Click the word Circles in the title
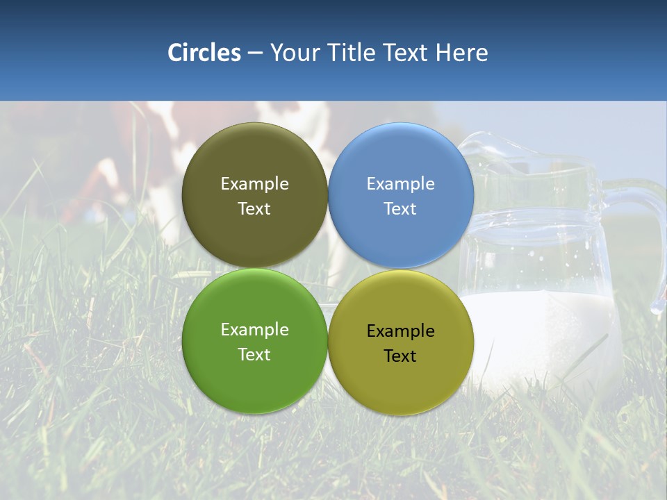click(x=204, y=53)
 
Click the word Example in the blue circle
click(x=401, y=184)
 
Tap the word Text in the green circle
click(x=254, y=355)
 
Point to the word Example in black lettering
click(x=401, y=331)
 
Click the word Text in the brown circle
click(x=254, y=209)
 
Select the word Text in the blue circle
click(x=401, y=209)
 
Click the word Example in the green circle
click(x=254, y=330)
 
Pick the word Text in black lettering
click(x=401, y=356)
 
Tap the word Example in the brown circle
click(x=254, y=184)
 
